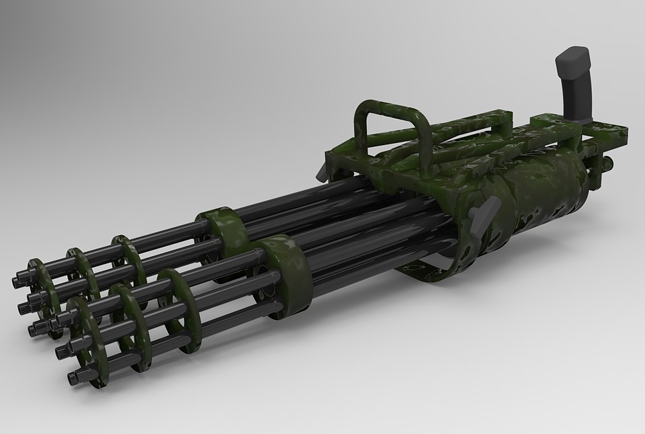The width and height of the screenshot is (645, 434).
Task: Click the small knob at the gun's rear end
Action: tap(609, 163)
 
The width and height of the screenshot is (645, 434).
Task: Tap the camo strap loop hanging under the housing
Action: tap(430, 272)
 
